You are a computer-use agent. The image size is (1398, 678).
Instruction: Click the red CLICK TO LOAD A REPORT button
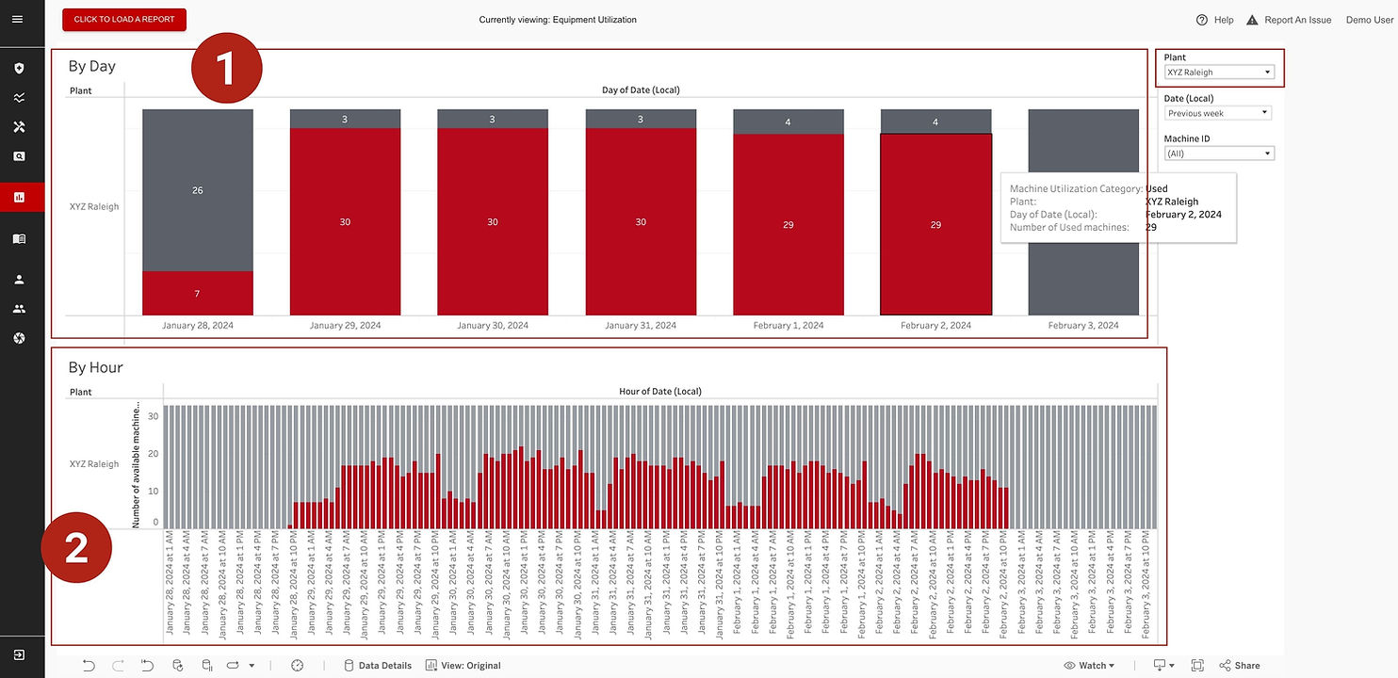[x=124, y=20]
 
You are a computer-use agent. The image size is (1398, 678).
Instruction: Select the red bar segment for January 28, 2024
[x=198, y=293]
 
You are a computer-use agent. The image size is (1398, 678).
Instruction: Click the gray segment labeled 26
[x=198, y=190]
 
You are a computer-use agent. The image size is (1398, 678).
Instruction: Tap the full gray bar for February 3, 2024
[x=1083, y=212]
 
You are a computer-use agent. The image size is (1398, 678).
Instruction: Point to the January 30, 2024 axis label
[x=493, y=326]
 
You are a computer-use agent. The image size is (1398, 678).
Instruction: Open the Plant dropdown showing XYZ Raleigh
[x=1219, y=73]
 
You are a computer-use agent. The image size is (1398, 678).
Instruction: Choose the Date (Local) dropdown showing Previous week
[x=1218, y=113]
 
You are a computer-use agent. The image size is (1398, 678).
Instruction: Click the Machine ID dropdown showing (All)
[x=1218, y=153]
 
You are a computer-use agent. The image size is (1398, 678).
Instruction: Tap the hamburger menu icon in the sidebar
[x=18, y=20]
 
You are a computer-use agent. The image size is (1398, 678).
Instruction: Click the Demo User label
[x=1369, y=20]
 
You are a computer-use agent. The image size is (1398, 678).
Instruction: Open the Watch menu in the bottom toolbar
[x=1089, y=666]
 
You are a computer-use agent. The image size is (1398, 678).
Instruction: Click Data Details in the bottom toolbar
[x=378, y=666]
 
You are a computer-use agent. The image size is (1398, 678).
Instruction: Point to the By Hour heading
[x=96, y=367]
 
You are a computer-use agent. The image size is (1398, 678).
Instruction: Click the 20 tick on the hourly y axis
[x=154, y=453]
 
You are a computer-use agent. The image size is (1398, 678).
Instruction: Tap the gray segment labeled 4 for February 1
[x=788, y=122]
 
